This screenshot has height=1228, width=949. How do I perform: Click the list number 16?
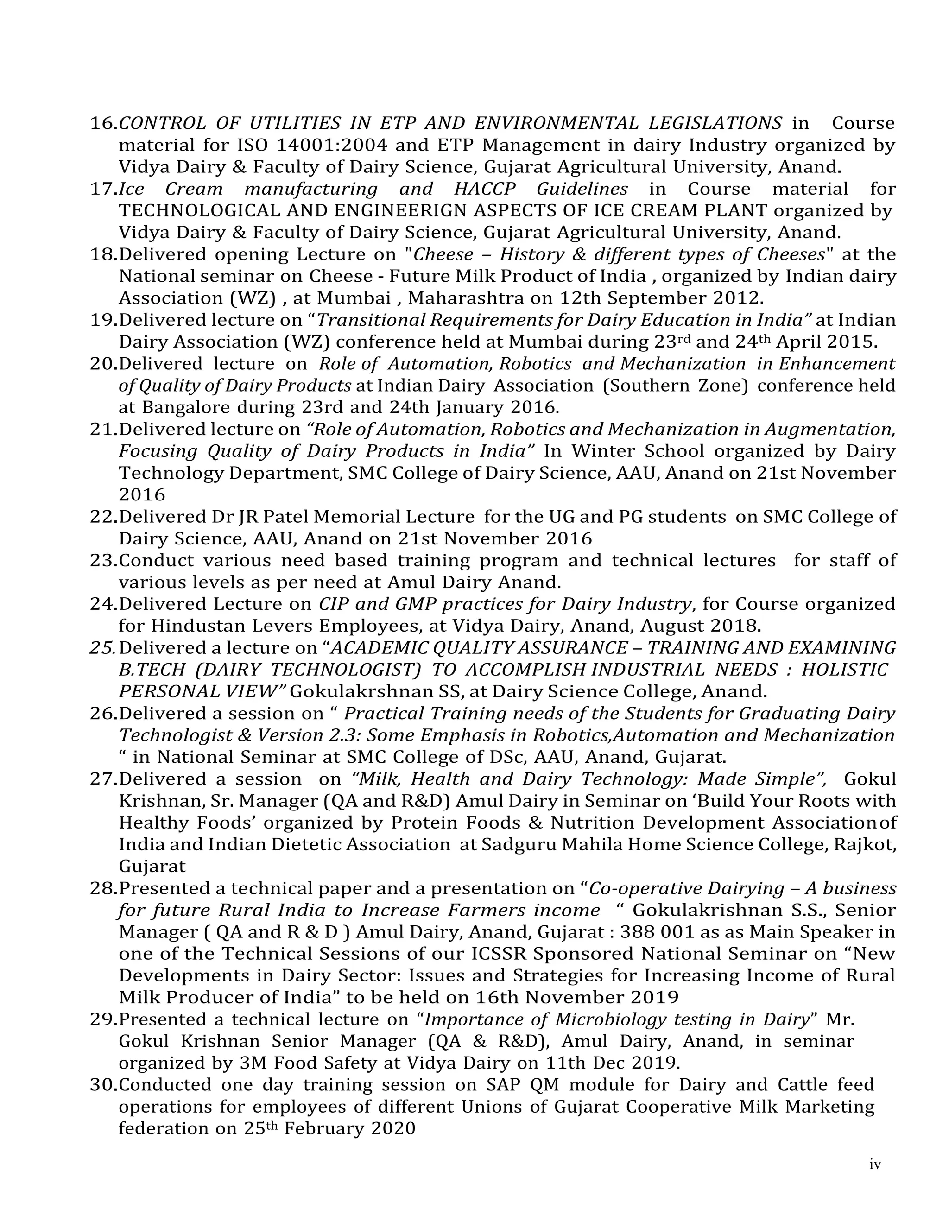102,123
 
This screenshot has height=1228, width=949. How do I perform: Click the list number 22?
102,517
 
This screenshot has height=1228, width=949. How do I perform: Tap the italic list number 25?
102,648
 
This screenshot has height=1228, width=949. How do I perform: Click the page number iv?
875,1165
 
